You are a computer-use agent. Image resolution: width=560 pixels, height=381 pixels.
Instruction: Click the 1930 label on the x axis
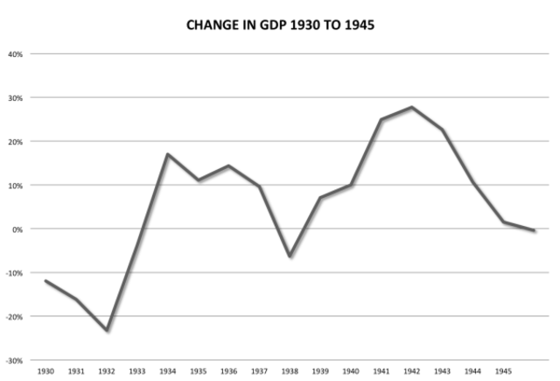(45, 371)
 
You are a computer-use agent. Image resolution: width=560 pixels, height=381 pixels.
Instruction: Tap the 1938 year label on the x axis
(291, 371)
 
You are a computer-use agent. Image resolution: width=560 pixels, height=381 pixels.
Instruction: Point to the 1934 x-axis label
(168, 371)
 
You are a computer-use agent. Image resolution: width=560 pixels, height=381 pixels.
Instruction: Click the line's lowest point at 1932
(107, 330)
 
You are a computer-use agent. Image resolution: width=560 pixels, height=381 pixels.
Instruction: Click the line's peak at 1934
(167, 154)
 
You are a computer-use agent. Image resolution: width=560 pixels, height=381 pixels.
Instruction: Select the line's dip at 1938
(290, 256)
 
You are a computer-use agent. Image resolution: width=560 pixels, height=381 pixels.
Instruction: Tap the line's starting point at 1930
(45, 281)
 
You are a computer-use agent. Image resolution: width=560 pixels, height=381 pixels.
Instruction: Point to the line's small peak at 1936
(229, 166)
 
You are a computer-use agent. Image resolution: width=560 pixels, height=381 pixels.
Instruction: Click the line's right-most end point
(535, 230)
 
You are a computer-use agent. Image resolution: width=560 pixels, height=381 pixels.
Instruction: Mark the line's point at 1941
(382, 119)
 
